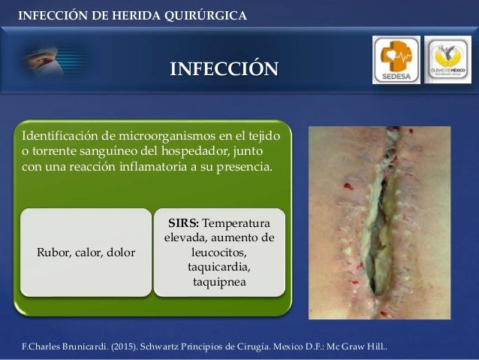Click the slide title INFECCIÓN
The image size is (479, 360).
223,71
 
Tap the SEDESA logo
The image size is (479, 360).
396,59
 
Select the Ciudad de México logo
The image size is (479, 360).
447,59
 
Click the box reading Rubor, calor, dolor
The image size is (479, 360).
86,253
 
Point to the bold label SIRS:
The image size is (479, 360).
184,224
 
